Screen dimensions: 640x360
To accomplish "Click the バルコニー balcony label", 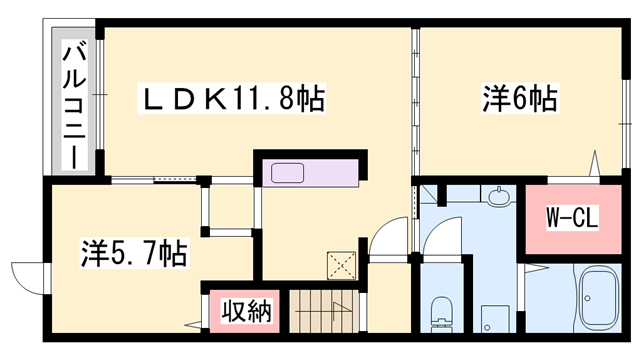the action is [73, 102].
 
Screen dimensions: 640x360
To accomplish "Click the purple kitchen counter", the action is [311, 172].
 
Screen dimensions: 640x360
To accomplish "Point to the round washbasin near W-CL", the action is [497, 199].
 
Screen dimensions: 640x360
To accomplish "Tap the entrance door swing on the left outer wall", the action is [28, 276].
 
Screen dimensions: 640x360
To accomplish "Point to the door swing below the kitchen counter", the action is [384, 240].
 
